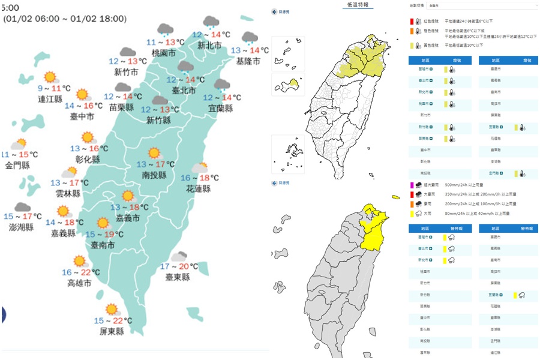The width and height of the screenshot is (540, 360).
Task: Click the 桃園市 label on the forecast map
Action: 164,53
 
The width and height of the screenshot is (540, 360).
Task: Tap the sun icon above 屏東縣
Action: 111,310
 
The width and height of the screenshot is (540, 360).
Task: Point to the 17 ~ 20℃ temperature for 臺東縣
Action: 179,266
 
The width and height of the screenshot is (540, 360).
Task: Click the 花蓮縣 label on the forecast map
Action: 199,188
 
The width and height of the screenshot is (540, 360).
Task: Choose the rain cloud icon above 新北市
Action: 211,23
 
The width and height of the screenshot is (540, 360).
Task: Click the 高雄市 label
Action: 79,283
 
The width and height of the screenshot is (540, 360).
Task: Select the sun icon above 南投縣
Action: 155,154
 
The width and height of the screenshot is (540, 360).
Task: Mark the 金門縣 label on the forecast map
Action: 17,165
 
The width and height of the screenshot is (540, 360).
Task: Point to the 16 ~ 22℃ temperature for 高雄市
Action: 79,272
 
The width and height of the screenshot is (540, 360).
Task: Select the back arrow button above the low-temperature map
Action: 275,11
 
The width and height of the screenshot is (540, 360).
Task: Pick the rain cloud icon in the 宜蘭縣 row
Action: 522,295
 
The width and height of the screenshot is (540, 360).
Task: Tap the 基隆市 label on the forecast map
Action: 248,61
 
